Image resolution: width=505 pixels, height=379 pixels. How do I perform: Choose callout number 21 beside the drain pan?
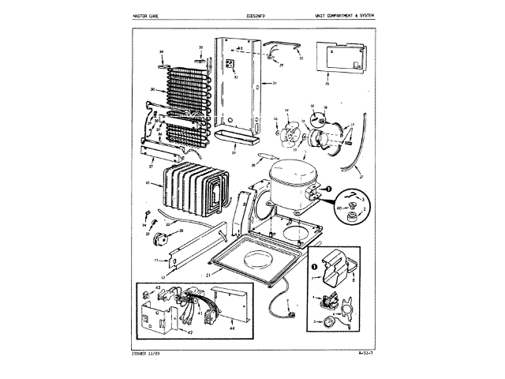click(x=208, y=275)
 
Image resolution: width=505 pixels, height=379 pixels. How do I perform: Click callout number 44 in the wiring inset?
click(x=230, y=325)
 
